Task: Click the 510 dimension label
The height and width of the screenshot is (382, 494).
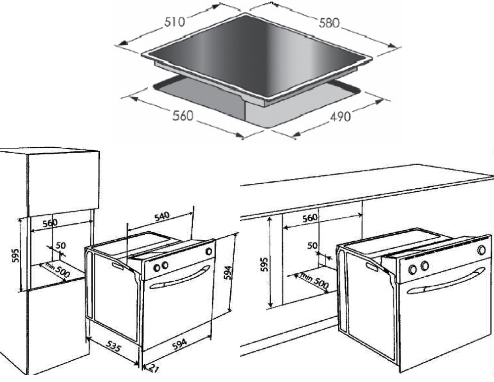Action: (174, 22)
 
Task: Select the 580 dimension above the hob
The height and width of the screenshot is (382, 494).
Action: (329, 23)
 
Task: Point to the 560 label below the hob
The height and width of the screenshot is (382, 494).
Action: (182, 116)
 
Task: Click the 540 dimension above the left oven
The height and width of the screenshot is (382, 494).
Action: (162, 216)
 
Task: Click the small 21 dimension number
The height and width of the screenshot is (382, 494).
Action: (153, 368)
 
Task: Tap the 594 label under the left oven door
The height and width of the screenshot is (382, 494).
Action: (179, 344)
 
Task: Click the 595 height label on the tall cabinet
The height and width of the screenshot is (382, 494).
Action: (16, 255)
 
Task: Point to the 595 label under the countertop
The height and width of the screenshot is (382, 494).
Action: (264, 264)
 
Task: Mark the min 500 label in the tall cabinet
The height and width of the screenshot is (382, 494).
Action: (58, 270)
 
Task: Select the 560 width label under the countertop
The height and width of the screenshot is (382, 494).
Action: (310, 218)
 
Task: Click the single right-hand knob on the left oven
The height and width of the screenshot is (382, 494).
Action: (208, 252)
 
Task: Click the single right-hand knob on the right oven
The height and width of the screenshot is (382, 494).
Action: (481, 250)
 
